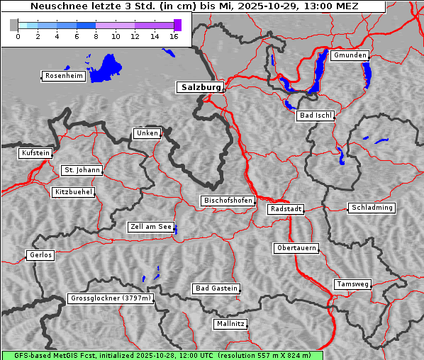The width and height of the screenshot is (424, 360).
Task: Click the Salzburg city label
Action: tap(199, 87)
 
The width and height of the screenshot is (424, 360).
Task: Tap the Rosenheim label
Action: tap(62, 76)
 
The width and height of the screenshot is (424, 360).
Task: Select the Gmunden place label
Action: tap(350, 55)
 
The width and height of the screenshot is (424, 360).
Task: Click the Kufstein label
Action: tap(35, 153)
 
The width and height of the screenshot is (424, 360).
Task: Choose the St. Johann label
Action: tap(82, 170)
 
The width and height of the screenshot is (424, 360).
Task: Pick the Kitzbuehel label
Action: tap(73, 192)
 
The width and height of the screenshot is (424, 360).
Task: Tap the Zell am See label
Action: tap(150, 227)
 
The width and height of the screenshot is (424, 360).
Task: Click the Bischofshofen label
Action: tap(228, 201)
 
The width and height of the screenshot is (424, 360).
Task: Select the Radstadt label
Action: tap(286, 209)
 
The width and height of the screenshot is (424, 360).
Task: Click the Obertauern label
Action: tap(296, 248)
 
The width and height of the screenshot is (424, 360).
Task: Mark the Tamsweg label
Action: tap(352, 284)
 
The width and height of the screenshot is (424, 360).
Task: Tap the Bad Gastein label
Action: tap(216, 288)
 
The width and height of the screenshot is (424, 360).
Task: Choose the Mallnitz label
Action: tap(230, 324)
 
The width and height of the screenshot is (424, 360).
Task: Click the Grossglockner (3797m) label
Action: tap(111, 298)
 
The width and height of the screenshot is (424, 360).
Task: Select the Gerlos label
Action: tap(40, 255)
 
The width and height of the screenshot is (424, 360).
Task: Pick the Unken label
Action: tap(147, 133)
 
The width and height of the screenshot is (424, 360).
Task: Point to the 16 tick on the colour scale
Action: tap(174, 35)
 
